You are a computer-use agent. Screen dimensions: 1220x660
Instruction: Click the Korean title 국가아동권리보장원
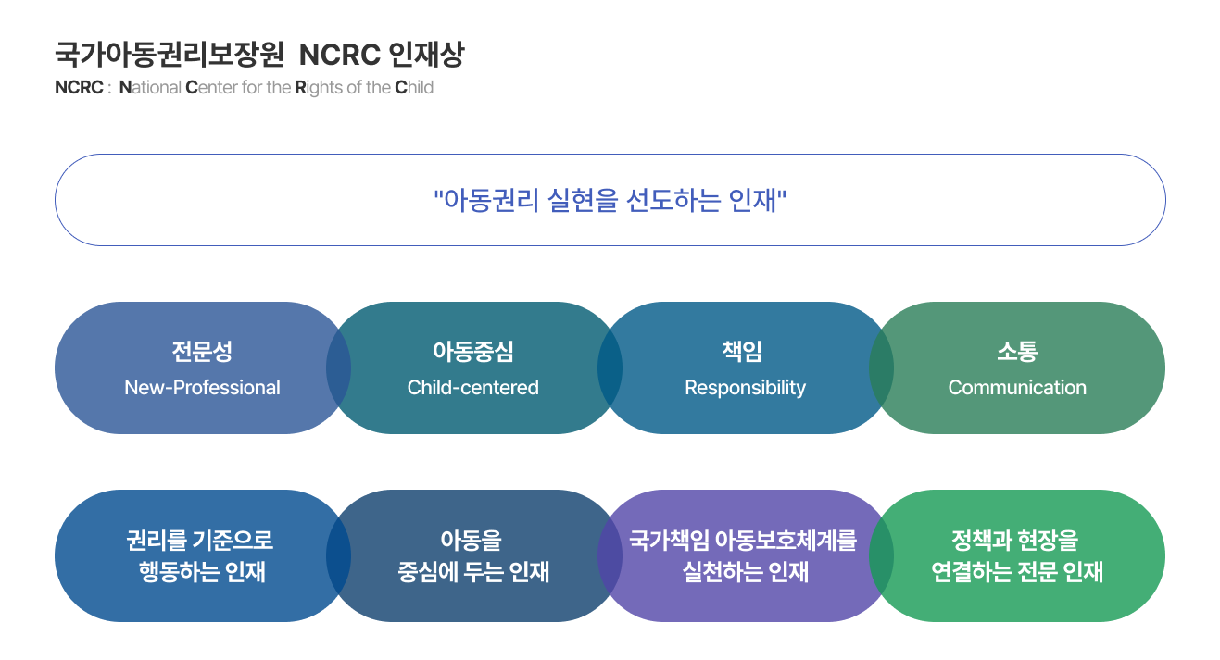point(170,55)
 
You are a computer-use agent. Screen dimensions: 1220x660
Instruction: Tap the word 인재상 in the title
point(426,55)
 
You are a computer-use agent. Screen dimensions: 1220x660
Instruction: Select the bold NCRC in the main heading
point(339,55)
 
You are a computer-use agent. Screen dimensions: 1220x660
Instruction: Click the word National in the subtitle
point(150,88)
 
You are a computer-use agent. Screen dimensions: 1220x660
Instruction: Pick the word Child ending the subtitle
point(414,88)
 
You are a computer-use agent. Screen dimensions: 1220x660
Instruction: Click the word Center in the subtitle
point(211,88)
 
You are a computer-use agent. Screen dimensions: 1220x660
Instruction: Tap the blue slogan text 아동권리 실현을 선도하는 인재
point(610,200)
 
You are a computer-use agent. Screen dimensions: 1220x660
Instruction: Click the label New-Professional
point(202,388)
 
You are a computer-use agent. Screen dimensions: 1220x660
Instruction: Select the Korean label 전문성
point(202,352)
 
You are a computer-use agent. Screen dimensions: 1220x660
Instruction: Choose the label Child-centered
point(472,388)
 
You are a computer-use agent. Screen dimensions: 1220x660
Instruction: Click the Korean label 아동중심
point(472,352)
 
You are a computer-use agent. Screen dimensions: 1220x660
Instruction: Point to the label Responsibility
point(745,388)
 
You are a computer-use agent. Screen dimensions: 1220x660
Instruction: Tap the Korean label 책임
point(742,352)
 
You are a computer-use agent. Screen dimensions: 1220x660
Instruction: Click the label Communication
point(1017,388)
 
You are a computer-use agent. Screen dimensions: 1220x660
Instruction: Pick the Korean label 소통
point(1017,352)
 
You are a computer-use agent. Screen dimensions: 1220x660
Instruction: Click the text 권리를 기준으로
point(200,541)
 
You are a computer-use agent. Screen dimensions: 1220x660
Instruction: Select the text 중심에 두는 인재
point(473,572)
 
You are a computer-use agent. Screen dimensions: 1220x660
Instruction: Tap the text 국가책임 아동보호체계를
point(743,541)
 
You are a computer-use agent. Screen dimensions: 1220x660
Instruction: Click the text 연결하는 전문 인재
point(1017,572)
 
